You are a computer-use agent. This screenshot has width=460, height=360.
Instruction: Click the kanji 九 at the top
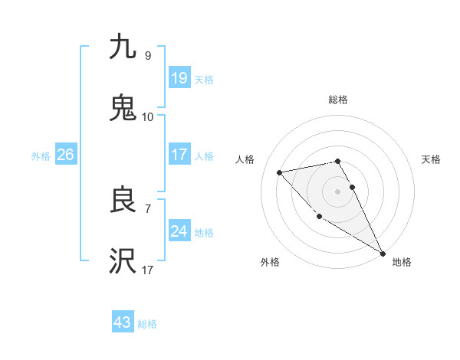tap(123, 47)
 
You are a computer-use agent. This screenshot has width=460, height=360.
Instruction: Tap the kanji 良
tap(123, 201)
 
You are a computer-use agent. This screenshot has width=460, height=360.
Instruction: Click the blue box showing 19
tap(179, 77)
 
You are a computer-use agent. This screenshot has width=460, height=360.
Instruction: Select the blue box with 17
tap(179, 155)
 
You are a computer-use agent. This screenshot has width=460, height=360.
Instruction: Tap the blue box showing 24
tap(179, 231)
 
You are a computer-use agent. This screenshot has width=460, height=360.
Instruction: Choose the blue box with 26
tap(65, 155)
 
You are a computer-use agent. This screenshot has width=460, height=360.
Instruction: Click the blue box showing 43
tap(122, 322)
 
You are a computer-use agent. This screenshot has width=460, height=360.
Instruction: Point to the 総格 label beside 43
tap(147, 323)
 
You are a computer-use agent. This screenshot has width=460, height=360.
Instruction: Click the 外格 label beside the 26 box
tap(41, 155)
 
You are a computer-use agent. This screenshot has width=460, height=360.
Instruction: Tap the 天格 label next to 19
tap(203, 78)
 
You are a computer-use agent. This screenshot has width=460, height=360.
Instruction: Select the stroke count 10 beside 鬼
tap(147, 117)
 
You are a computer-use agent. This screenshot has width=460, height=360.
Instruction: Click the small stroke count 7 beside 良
tap(147, 208)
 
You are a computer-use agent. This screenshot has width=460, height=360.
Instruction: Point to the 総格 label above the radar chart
tap(338, 100)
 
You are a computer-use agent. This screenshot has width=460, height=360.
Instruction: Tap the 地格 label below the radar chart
tap(402, 262)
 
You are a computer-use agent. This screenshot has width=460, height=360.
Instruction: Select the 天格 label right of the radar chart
tap(431, 159)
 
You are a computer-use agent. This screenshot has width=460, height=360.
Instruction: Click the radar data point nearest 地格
tap(383, 253)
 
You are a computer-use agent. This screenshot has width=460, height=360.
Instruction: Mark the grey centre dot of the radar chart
tap(338, 191)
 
